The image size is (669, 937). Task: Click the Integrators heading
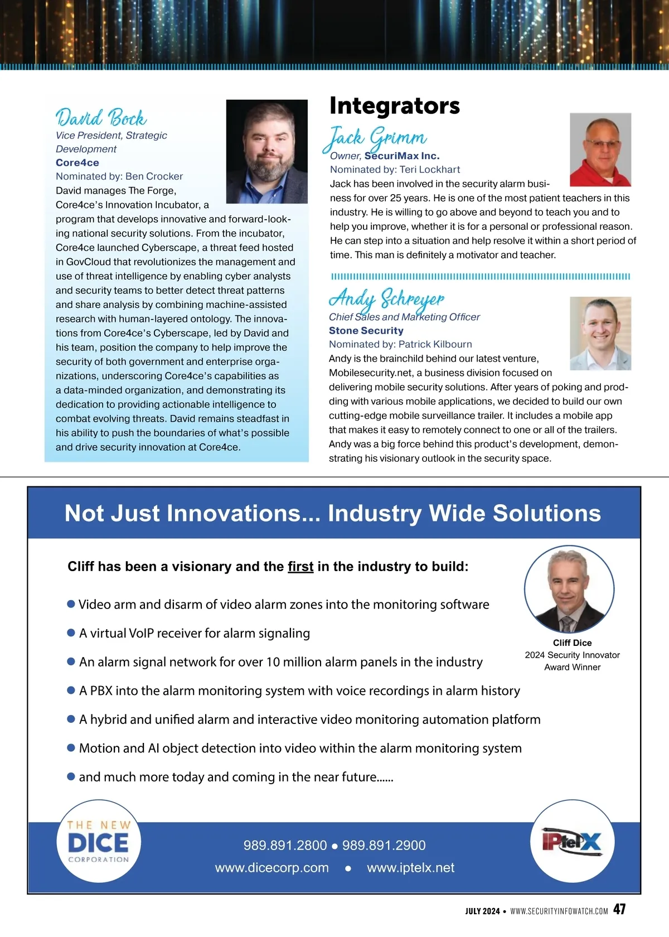coord(395,105)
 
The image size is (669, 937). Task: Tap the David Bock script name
coord(101,118)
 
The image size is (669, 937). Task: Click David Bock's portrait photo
coord(266,151)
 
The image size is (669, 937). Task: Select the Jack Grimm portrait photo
coord(600,149)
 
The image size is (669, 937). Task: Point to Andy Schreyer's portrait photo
coord(600,333)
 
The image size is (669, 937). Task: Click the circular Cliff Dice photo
coord(569,590)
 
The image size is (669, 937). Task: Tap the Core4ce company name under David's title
coord(77,163)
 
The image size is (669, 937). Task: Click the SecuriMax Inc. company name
coord(402,156)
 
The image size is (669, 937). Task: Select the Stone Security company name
coord(366,330)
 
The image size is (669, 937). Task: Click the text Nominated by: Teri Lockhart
coord(395,170)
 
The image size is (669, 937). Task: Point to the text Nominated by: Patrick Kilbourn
coord(400,344)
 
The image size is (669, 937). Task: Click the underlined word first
coord(300,567)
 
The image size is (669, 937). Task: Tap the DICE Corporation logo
coord(98,842)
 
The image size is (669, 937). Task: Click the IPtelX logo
coord(572,841)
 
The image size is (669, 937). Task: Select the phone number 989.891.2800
coord(285,845)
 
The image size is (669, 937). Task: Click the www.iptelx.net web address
coord(410,868)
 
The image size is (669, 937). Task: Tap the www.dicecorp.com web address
coord(272,868)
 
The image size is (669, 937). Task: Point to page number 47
coord(619,909)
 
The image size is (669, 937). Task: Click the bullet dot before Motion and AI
coord(71,748)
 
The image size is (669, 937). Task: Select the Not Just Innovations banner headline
coord(333,513)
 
